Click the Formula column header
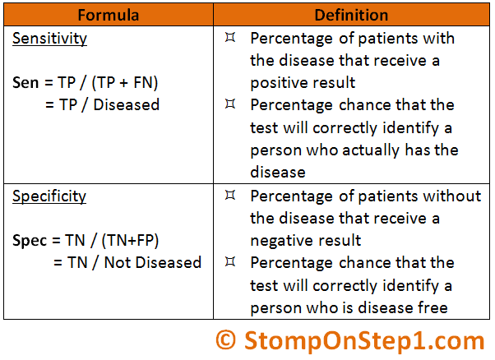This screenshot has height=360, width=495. pos(109,15)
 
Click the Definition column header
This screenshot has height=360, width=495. pos(351,15)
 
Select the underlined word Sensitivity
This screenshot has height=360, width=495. pos(49,39)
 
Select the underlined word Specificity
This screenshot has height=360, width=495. pos(49,196)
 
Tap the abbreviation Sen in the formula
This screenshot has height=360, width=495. pos(25,83)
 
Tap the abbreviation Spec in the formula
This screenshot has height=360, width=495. pos(30,241)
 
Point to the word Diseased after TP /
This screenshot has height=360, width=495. pos(127,104)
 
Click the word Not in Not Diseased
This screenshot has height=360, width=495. pos(117,262)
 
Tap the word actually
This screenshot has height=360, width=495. pos(371,150)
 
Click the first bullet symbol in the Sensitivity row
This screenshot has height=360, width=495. pos(230,37)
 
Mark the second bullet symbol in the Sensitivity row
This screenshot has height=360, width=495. pos(230,104)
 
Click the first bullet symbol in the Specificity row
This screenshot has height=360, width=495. pos(230,195)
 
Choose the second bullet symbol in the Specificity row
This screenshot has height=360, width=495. pos(230,261)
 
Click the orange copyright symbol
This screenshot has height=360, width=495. pos(226,340)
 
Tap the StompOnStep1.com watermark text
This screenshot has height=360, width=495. pos(364,341)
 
